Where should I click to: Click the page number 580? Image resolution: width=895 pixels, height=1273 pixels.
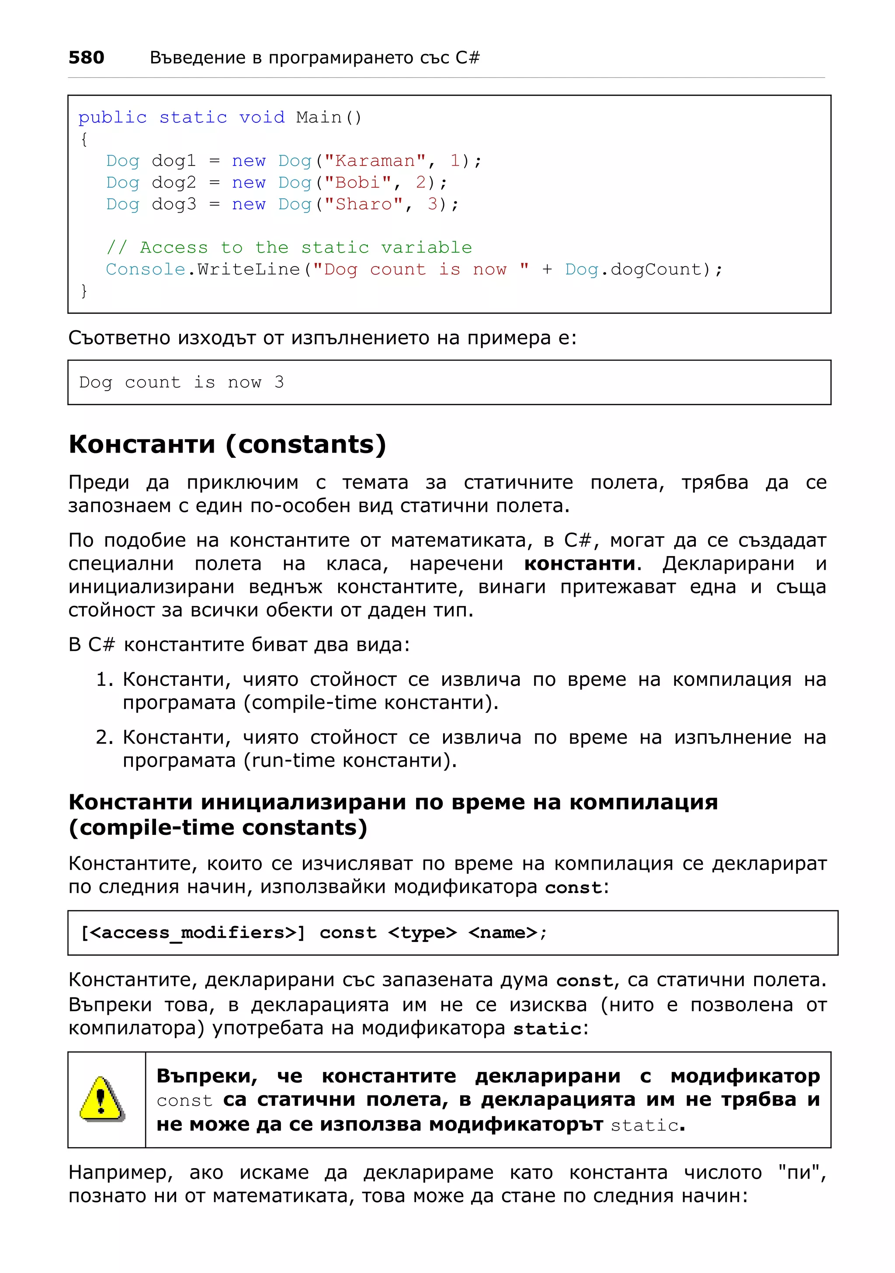(x=86, y=57)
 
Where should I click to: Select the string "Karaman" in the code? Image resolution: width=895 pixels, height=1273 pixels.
(x=375, y=161)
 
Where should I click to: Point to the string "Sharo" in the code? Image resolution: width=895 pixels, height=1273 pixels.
(x=363, y=204)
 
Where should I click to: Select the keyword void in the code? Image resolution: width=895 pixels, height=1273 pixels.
(x=262, y=118)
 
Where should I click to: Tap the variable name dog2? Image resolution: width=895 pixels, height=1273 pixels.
(x=173, y=183)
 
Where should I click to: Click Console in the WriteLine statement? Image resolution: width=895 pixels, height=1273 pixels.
(x=145, y=270)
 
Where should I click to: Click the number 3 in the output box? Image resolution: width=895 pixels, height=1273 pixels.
(x=279, y=382)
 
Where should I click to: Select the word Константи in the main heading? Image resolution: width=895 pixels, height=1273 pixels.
(x=142, y=445)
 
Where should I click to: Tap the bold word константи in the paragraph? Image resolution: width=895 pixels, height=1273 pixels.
(x=579, y=564)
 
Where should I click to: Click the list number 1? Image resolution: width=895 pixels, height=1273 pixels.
(x=104, y=679)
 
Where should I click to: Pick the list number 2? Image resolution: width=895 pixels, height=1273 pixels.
(x=104, y=737)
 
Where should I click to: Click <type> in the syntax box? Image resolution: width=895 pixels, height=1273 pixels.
(x=423, y=933)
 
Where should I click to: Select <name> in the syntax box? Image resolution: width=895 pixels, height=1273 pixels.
(x=503, y=933)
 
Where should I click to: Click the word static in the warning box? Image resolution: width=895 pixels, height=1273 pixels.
(x=644, y=1125)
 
